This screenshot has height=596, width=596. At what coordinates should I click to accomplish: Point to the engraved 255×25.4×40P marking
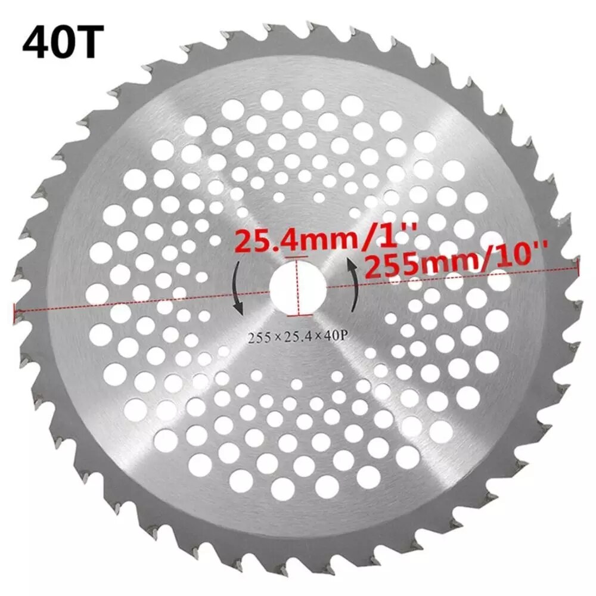[296, 337]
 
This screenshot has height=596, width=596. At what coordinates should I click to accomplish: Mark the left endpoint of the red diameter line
[14, 311]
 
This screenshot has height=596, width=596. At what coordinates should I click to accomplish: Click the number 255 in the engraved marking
[257, 337]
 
